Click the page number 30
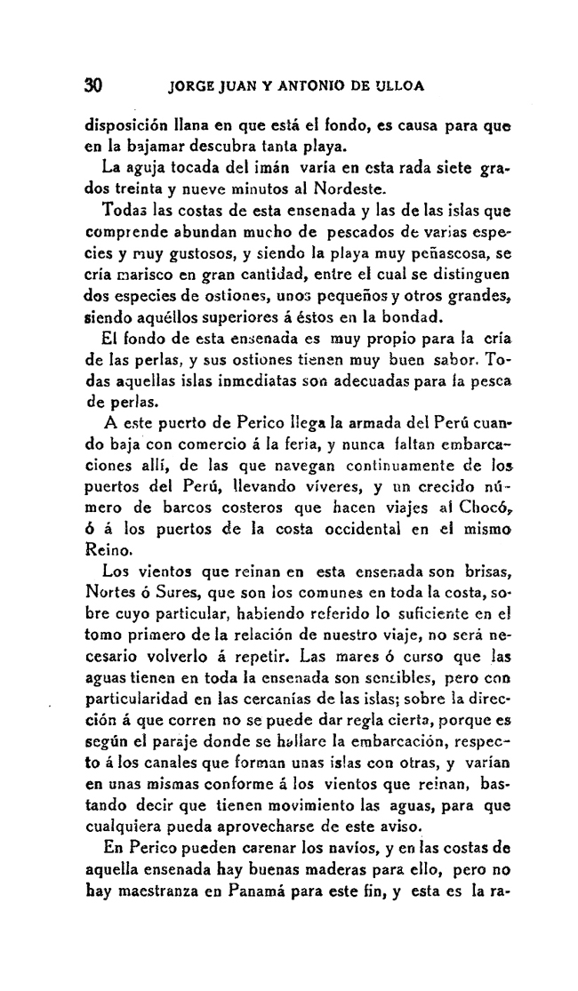click(x=93, y=86)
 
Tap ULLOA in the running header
click(x=396, y=87)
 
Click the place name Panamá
click(x=262, y=888)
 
